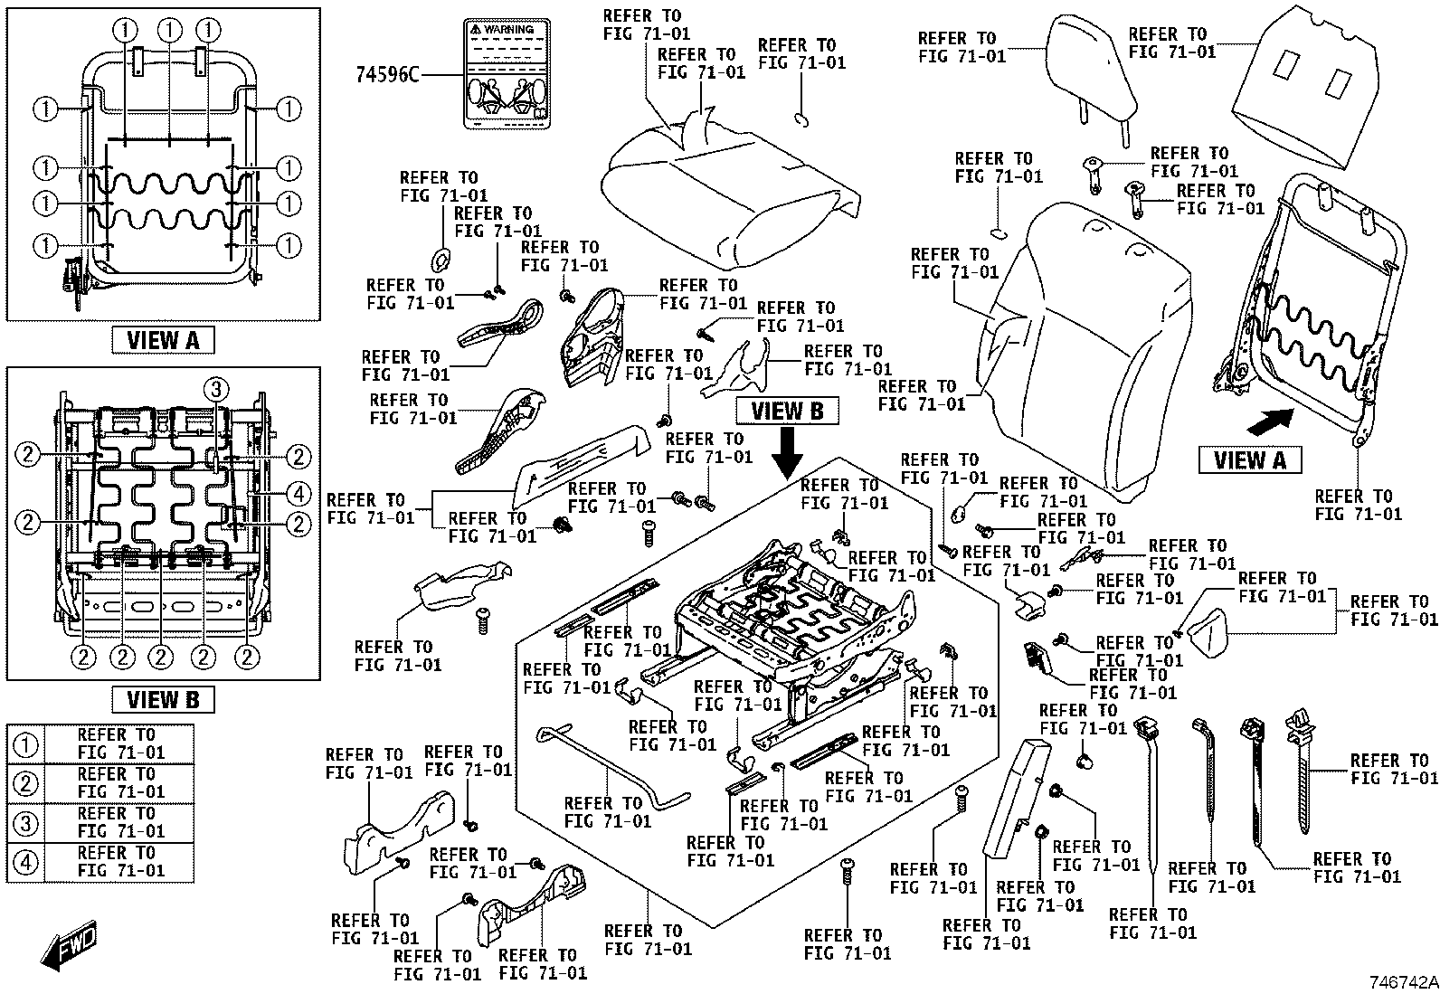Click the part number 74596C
tap(387, 75)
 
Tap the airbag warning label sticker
tap(507, 73)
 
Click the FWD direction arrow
tap(70, 944)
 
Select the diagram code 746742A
tap(1403, 982)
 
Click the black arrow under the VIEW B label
tap(787, 454)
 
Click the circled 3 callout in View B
tap(216, 389)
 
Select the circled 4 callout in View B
tap(298, 495)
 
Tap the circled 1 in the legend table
tap(25, 744)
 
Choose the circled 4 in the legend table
tap(25, 862)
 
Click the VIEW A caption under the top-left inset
tap(163, 340)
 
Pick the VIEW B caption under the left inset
tap(163, 699)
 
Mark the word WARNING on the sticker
tap(508, 30)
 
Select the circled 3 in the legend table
tap(25, 823)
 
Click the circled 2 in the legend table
tap(25, 784)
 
